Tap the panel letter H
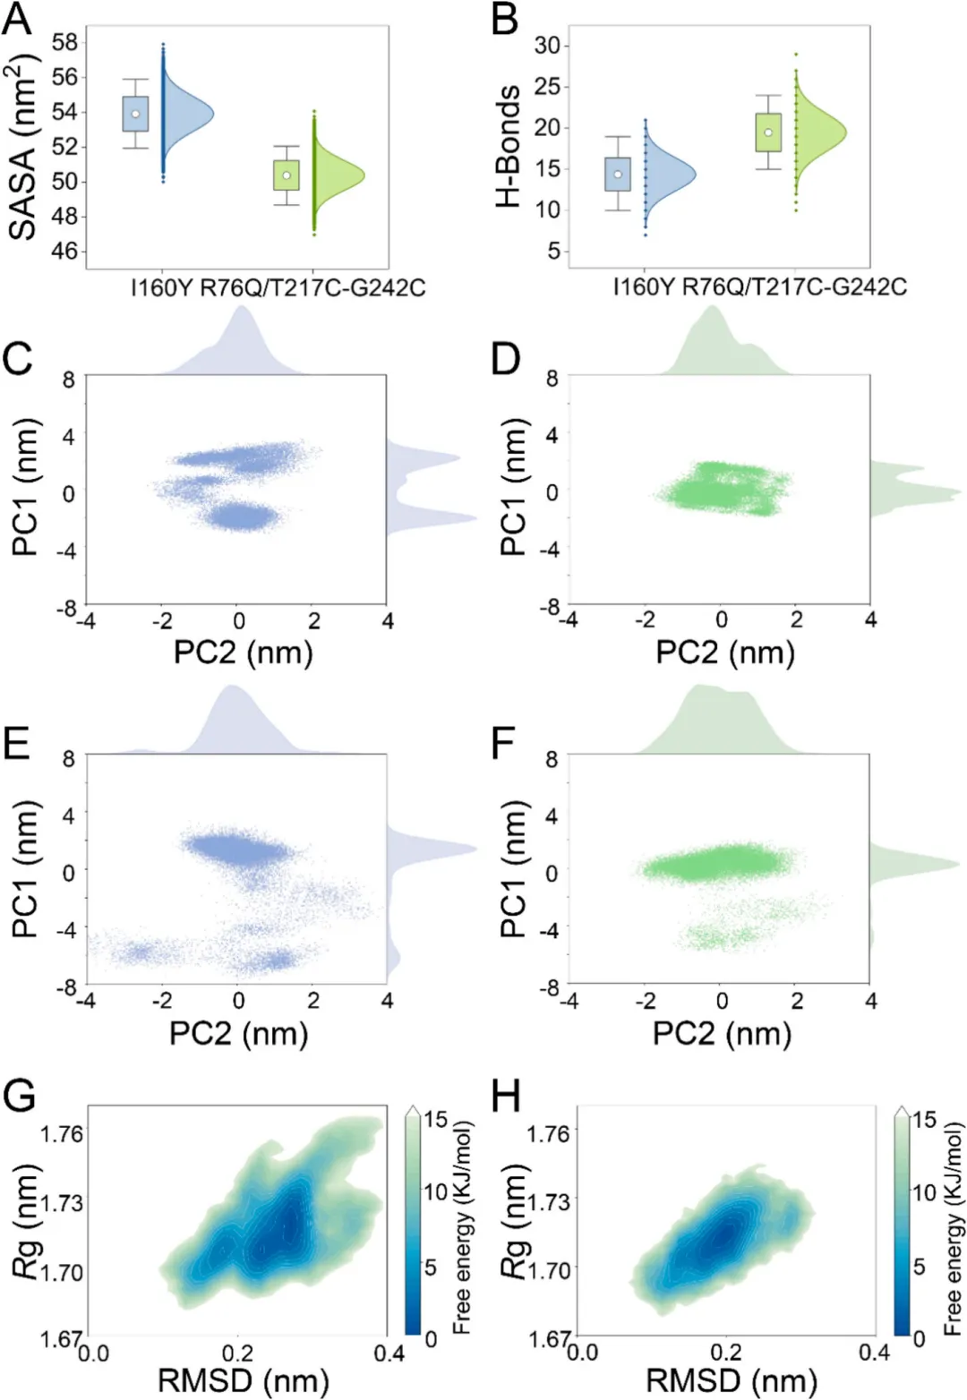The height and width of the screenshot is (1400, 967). [x=507, y=1097]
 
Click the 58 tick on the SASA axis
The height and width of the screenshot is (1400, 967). [x=64, y=42]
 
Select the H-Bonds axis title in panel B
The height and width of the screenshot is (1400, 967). [x=508, y=146]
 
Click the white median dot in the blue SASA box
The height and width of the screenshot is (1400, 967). [x=135, y=114]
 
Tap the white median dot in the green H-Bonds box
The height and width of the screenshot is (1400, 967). [x=768, y=132]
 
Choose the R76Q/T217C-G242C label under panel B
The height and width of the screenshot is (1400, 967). [x=794, y=287]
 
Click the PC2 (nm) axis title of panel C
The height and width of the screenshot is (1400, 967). [x=243, y=652]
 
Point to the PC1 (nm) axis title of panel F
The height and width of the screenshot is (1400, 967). [x=513, y=871]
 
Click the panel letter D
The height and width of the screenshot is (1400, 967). [x=507, y=359]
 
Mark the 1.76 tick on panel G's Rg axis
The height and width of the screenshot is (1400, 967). [x=62, y=1134]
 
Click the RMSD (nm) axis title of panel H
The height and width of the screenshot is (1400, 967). [x=732, y=1381]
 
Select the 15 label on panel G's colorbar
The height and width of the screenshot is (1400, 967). [x=436, y=1119]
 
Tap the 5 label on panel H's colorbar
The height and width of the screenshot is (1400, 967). [x=919, y=1267]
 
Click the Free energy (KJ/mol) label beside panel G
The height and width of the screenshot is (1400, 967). [x=461, y=1228]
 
